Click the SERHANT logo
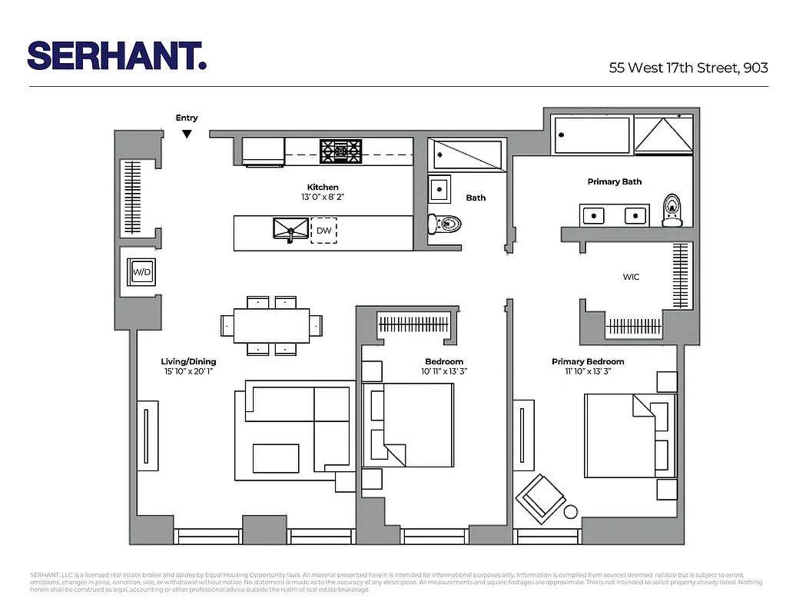117,55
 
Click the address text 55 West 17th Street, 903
688,68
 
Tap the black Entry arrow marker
187,134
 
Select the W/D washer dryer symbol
142,271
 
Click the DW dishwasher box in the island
323,230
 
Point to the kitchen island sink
290,228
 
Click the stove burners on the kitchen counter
340,151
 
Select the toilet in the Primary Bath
672,210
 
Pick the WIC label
631,277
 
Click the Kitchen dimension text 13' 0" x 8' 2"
323,198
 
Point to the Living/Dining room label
188,361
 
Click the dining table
272,326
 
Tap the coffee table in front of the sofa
276,458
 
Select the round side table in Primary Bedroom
571,512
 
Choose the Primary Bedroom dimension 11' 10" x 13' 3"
588,371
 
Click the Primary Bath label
614,181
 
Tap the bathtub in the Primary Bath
592,135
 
